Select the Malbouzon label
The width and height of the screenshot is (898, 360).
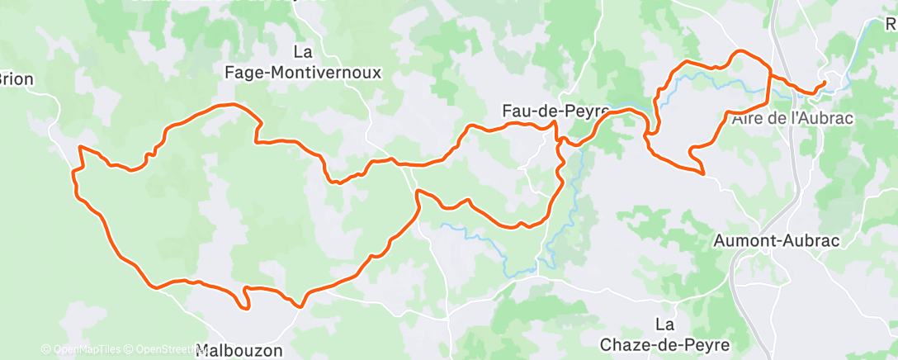(x=239, y=351)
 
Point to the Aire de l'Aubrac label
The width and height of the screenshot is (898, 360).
(x=792, y=118)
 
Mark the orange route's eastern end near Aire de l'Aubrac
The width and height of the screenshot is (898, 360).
(x=824, y=83)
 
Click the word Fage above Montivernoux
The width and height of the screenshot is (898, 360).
(x=250, y=72)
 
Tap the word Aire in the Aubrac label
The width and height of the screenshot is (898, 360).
(x=746, y=118)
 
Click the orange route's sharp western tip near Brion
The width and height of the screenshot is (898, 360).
(x=79, y=147)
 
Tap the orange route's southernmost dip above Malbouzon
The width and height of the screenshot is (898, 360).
(x=247, y=309)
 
